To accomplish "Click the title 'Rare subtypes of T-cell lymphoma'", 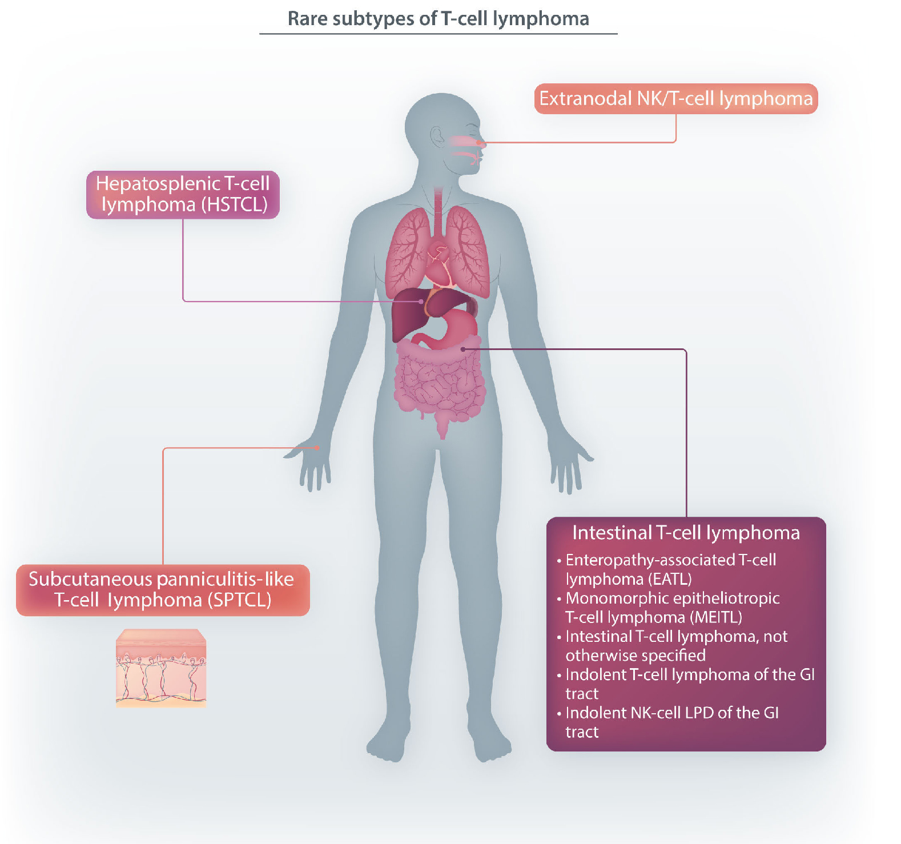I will [438, 19].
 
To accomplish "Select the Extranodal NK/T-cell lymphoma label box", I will [675, 99].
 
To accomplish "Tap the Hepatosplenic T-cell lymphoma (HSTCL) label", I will [183, 194].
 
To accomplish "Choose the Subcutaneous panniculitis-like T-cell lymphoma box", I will [163, 590].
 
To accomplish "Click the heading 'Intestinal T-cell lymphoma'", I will [686, 533].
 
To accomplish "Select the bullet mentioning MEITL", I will [671, 608].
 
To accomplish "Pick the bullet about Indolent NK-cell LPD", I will [671, 722].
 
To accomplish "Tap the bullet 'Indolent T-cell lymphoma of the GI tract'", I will [689, 684].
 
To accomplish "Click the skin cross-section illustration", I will [161, 668].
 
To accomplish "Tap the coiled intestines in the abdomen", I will [440, 383].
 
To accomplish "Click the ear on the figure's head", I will [437, 138].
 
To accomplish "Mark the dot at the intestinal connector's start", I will [463, 349].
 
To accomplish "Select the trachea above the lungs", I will [438, 211].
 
